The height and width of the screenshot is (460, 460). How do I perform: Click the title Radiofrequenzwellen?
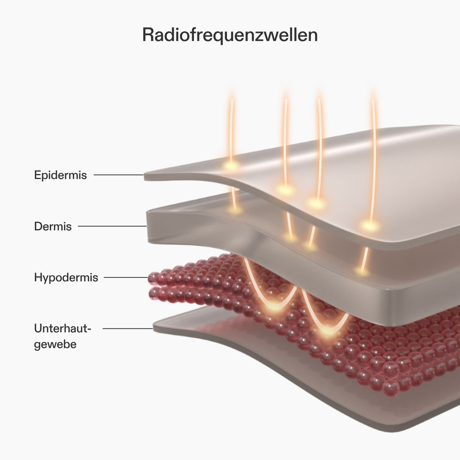230,35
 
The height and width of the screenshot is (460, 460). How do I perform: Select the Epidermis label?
61,175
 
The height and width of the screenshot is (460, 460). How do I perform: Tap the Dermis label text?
53,226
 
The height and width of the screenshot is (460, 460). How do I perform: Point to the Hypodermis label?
66,277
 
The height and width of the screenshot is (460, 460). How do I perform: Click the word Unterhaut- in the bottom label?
63,329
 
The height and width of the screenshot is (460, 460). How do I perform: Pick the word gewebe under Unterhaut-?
55,344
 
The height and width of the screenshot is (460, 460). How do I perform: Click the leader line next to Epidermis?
118,175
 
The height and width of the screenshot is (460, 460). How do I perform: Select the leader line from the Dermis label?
112,226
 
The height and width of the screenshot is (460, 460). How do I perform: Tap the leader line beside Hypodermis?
126,277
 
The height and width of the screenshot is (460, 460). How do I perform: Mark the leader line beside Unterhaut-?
128,329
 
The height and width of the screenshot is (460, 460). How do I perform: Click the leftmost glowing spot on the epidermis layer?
231,166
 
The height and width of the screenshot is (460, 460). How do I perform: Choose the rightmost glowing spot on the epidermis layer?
370,225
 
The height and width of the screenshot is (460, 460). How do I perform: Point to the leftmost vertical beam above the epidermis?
231,123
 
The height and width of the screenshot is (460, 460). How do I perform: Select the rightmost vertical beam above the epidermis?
373,153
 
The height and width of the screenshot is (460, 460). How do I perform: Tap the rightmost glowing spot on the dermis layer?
361,271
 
